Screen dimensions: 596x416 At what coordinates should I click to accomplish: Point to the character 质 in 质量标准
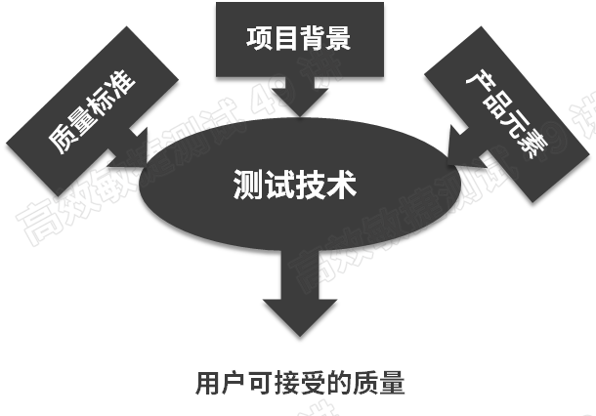(x=61, y=145)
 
